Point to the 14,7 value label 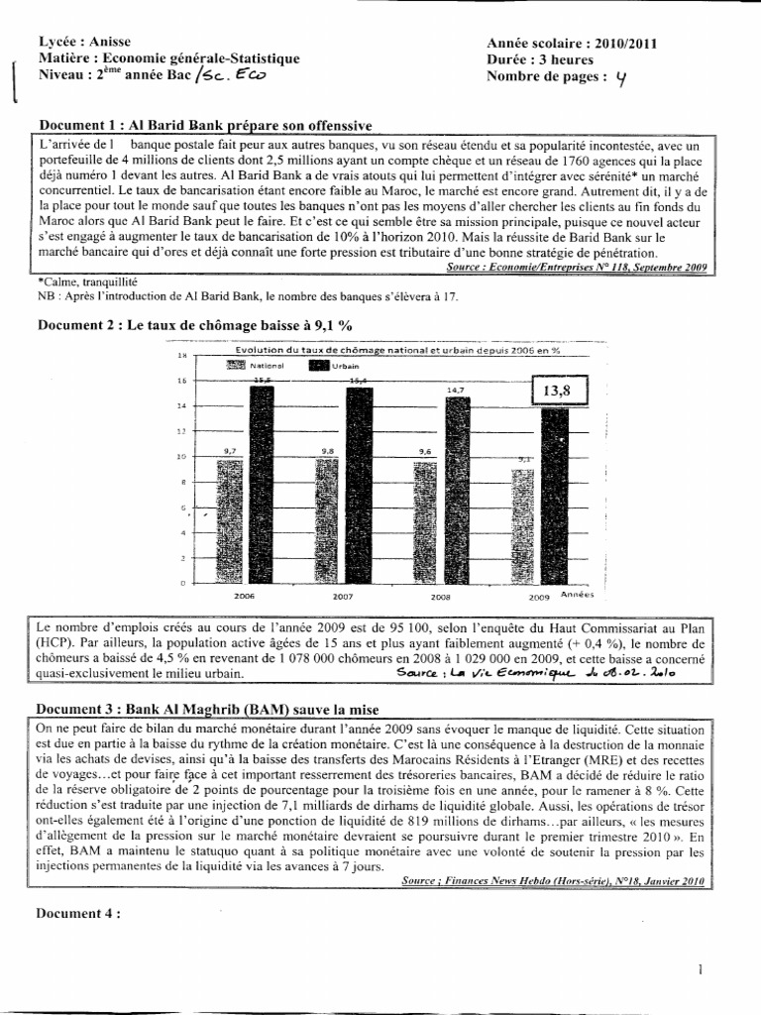coord(456,390)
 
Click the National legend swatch coord(236,365)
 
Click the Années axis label coord(577,596)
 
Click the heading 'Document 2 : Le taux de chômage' coord(194,324)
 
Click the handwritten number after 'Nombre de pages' coord(620,82)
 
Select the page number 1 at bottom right coord(700,970)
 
